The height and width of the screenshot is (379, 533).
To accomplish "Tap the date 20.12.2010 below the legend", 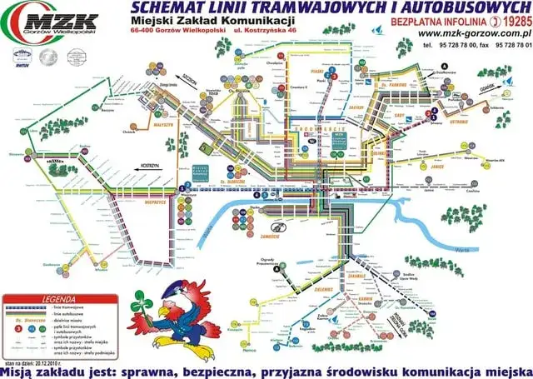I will tap(51, 363).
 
